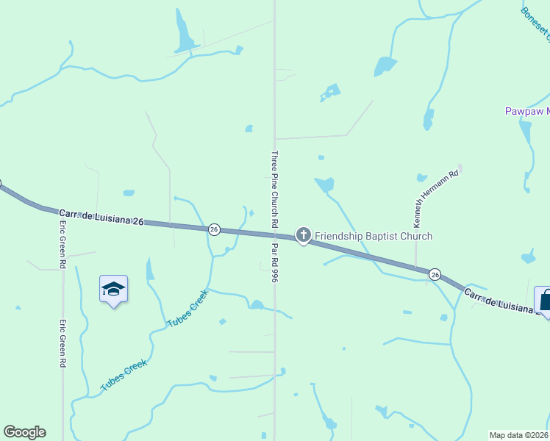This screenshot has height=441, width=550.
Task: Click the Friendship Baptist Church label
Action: point(374,236)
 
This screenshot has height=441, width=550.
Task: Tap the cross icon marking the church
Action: point(303,235)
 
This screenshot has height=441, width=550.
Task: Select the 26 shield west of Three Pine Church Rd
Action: point(214,230)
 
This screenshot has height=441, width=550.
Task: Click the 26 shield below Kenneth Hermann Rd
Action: point(435,273)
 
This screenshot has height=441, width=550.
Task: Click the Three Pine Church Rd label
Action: point(274,189)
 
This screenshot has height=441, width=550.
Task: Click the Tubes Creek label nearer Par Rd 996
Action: point(188,309)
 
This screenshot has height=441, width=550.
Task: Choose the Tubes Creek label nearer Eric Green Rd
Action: point(124,375)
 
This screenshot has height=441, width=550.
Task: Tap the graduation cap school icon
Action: point(113,290)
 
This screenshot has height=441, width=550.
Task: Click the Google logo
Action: point(24,432)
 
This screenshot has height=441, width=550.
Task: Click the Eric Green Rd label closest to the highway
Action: point(63,245)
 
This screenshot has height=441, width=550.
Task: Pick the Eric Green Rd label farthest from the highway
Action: point(63,343)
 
